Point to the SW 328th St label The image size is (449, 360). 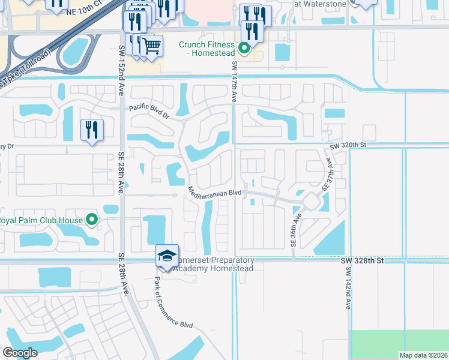click(361, 260)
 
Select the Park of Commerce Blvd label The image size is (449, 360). click(173, 300)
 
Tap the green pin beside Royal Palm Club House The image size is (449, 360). click(92, 220)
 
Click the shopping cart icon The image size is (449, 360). click(151, 45)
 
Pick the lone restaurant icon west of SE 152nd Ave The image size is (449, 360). click(92, 130)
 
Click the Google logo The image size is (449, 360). click(20, 353)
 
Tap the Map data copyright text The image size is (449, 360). click(424, 355)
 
